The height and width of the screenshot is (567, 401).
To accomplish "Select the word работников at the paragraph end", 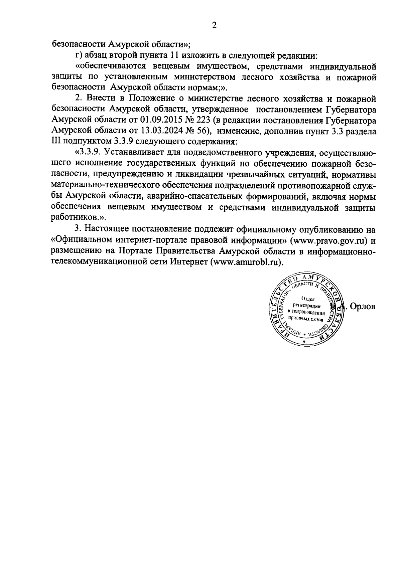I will click(x=76, y=217).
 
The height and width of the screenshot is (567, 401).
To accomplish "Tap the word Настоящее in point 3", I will click(x=106, y=229).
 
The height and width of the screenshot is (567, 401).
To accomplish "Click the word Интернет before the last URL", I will click(x=188, y=262).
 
